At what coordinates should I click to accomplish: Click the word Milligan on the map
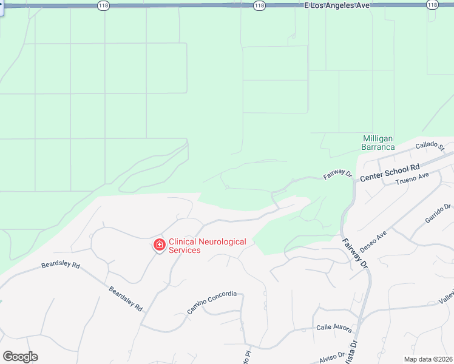pos(379,138)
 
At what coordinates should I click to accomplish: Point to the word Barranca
pos(378,147)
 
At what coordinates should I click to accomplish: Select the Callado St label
pos(430,146)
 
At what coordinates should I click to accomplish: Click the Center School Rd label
pos(390,173)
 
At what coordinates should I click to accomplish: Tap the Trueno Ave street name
pos(412,179)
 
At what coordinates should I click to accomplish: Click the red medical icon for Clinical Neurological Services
pos(159,245)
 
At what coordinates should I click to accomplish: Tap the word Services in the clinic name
pos(185,250)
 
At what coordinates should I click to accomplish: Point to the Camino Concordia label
pos(211,302)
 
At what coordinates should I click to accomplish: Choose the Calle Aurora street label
pos(334,328)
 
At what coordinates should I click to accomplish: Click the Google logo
pos(20,357)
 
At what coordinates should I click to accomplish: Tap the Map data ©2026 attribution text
pos(428,359)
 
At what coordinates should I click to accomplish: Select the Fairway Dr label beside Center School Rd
pos(337,174)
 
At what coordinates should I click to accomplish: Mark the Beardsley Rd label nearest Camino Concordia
pos(126,298)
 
